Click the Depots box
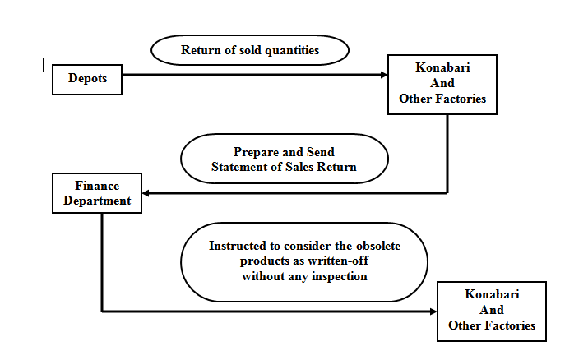pyautogui.click(x=86, y=79)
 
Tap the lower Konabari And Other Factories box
pyautogui.click(x=491, y=311)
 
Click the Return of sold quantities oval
pyautogui.click(x=249, y=51)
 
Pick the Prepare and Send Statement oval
pyautogui.click(x=284, y=159)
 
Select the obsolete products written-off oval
pyautogui.click(x=304, y=261)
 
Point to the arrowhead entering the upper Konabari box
pyautogui.click(x=383, y=75)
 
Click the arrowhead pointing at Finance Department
pyautogui.click(x=146, y=194)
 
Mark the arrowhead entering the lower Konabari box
pyautogui.click(x=433, y=312)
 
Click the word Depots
pyautogui.click(x=86, y=79)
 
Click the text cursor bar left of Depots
pyautogui.click(x=44, y=64)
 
